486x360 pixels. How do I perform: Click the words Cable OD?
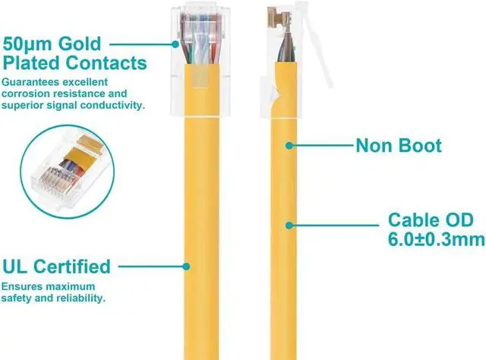431,220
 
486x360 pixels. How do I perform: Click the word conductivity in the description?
114,106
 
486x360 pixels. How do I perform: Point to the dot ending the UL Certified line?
188,267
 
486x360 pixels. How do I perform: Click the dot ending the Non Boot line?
289,144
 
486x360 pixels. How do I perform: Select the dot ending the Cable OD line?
289,223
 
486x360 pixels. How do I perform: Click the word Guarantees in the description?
31,82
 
